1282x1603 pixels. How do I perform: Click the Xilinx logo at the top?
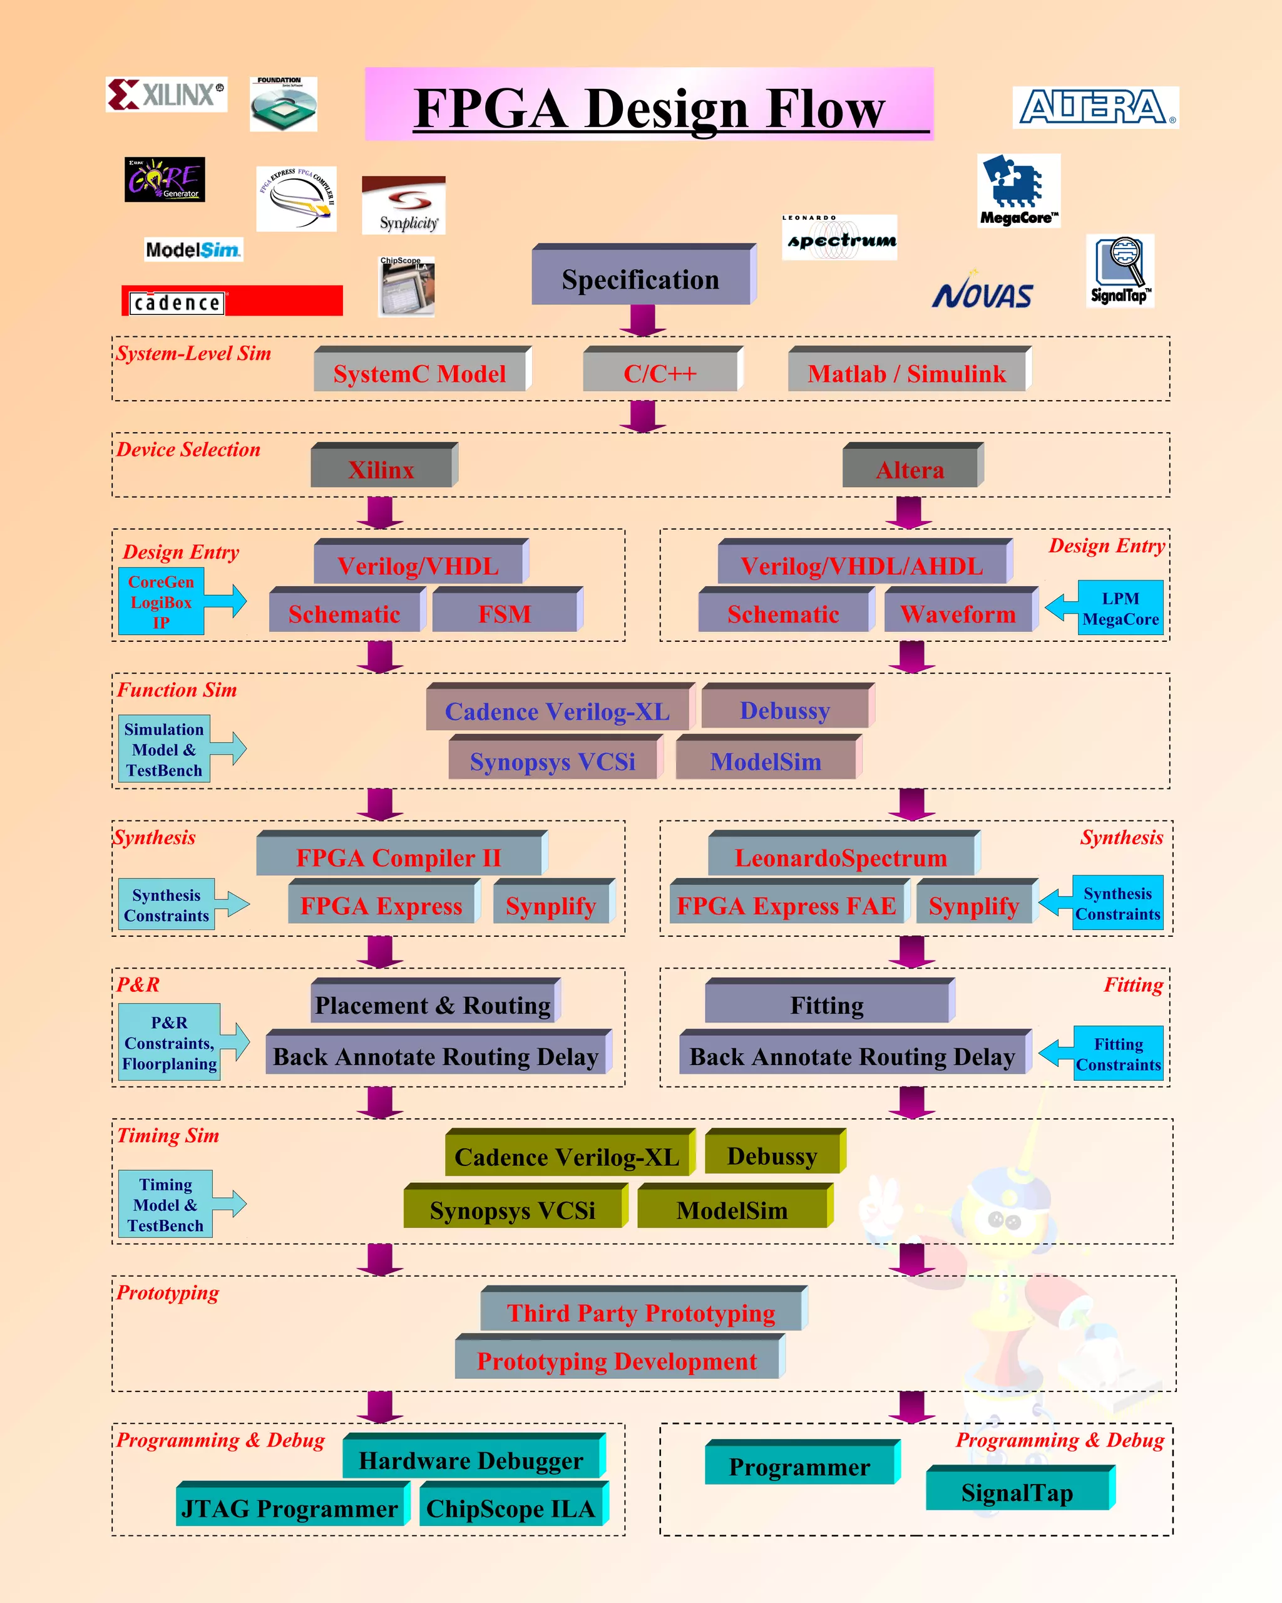point(166,95)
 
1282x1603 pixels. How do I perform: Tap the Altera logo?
point(1095,108)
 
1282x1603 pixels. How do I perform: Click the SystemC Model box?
point(420,373)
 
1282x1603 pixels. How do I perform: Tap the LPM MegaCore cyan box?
point(1120,608)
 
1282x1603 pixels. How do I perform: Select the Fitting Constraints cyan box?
point(1118,1054)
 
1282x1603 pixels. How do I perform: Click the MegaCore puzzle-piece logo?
point(1017,190)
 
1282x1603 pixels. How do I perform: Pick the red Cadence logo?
point(232,301)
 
